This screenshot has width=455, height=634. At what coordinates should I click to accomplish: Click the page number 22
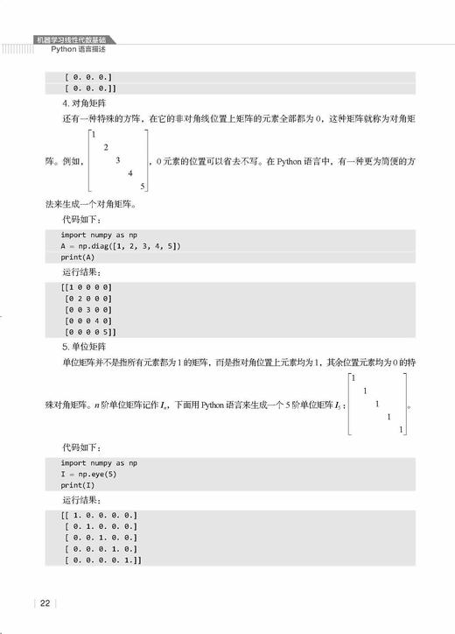tap(45, 602)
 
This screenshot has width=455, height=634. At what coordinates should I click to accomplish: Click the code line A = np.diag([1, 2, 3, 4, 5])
tap(121, 246)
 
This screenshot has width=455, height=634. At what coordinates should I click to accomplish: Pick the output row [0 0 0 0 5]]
tap(90, 333)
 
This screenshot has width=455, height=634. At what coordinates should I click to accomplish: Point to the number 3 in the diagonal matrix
tap(117, 160)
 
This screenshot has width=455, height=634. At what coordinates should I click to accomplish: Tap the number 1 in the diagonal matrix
tap(93, 135)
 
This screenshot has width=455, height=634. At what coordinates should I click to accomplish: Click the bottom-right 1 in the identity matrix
tap(401, 429)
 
